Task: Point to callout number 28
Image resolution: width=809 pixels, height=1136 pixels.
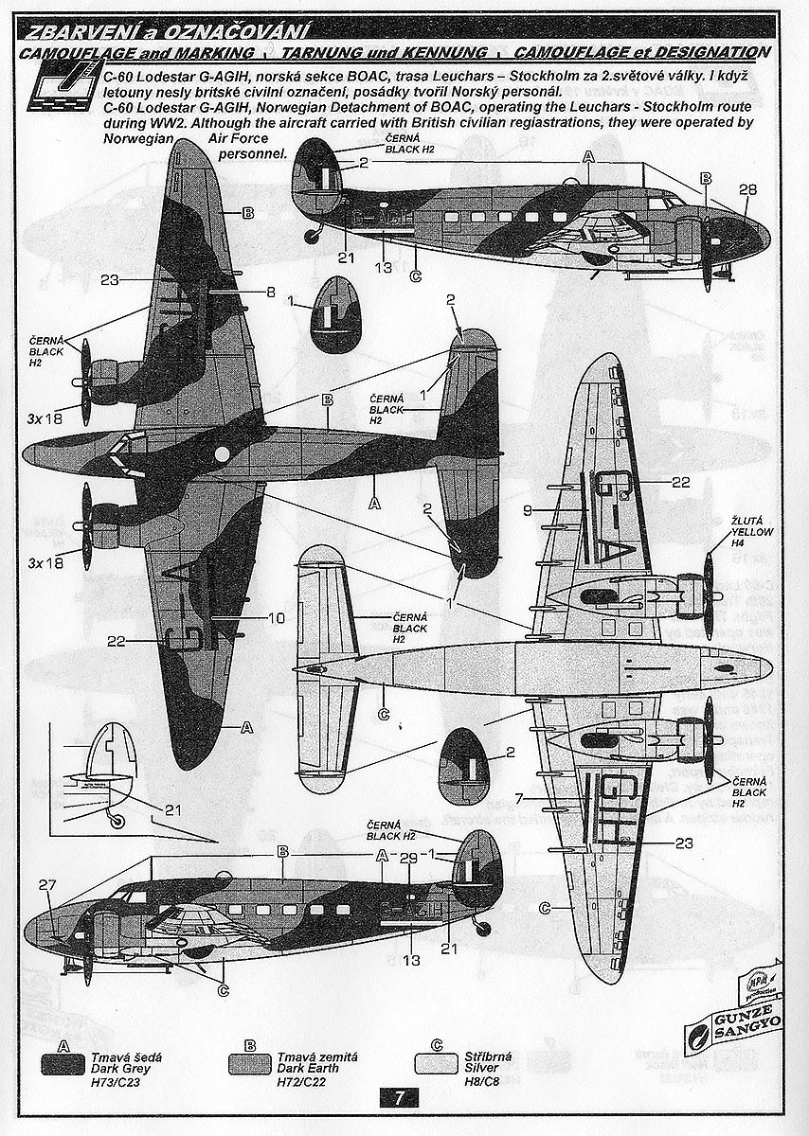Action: point(747,189)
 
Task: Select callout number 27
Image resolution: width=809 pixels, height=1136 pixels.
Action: point(48,885)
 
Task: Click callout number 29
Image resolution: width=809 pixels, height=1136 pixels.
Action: point(408,858)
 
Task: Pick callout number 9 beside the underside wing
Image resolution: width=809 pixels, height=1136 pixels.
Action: point(527,510)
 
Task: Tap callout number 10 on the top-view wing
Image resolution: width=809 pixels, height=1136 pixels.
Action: point(276,618)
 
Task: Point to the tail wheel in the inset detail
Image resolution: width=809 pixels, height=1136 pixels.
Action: point(117,822)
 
